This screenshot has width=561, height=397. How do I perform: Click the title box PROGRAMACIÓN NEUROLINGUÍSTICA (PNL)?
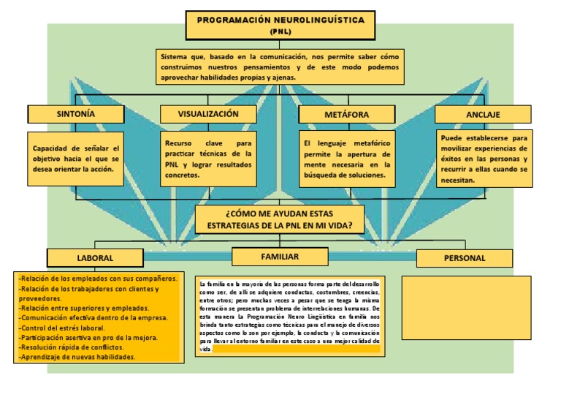point(280,25)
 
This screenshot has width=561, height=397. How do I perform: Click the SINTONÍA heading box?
point(76,115)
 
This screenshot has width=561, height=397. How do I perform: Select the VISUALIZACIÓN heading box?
point(208,114)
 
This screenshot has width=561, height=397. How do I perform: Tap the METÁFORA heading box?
point(346,115)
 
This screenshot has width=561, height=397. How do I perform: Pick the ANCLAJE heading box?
point(483,115)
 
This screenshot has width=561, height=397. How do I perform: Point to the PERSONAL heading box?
point(465,258)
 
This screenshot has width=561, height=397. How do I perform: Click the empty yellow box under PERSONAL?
point(466,307)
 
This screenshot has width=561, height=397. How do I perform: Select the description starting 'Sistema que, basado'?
point(280,67)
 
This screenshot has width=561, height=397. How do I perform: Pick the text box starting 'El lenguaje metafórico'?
point(347,159)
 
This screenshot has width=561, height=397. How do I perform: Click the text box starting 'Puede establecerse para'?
point(484,159)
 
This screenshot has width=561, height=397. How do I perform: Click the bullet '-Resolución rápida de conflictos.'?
point(71,347)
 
